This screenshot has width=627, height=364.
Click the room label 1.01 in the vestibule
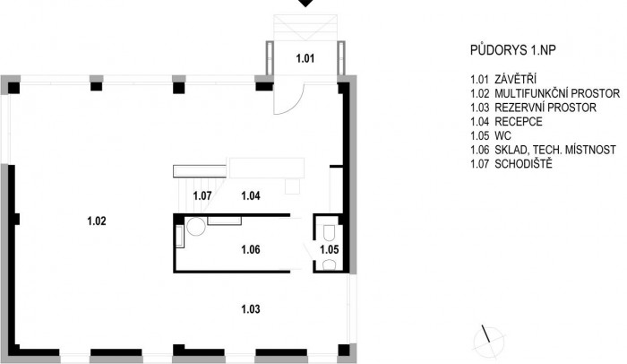[x=306, y=60]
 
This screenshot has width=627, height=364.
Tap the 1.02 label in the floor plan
[x=98, y=220]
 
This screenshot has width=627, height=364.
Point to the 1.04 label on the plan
[x=252, y=195]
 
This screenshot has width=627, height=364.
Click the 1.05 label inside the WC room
[x=331, y=249]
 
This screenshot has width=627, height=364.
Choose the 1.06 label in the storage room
[x=251, y=249]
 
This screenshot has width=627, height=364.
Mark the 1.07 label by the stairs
[x=202, y=195]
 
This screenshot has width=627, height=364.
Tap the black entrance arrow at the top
[x=306, y=4]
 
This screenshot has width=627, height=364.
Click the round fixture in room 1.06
[x=196, y=228]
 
